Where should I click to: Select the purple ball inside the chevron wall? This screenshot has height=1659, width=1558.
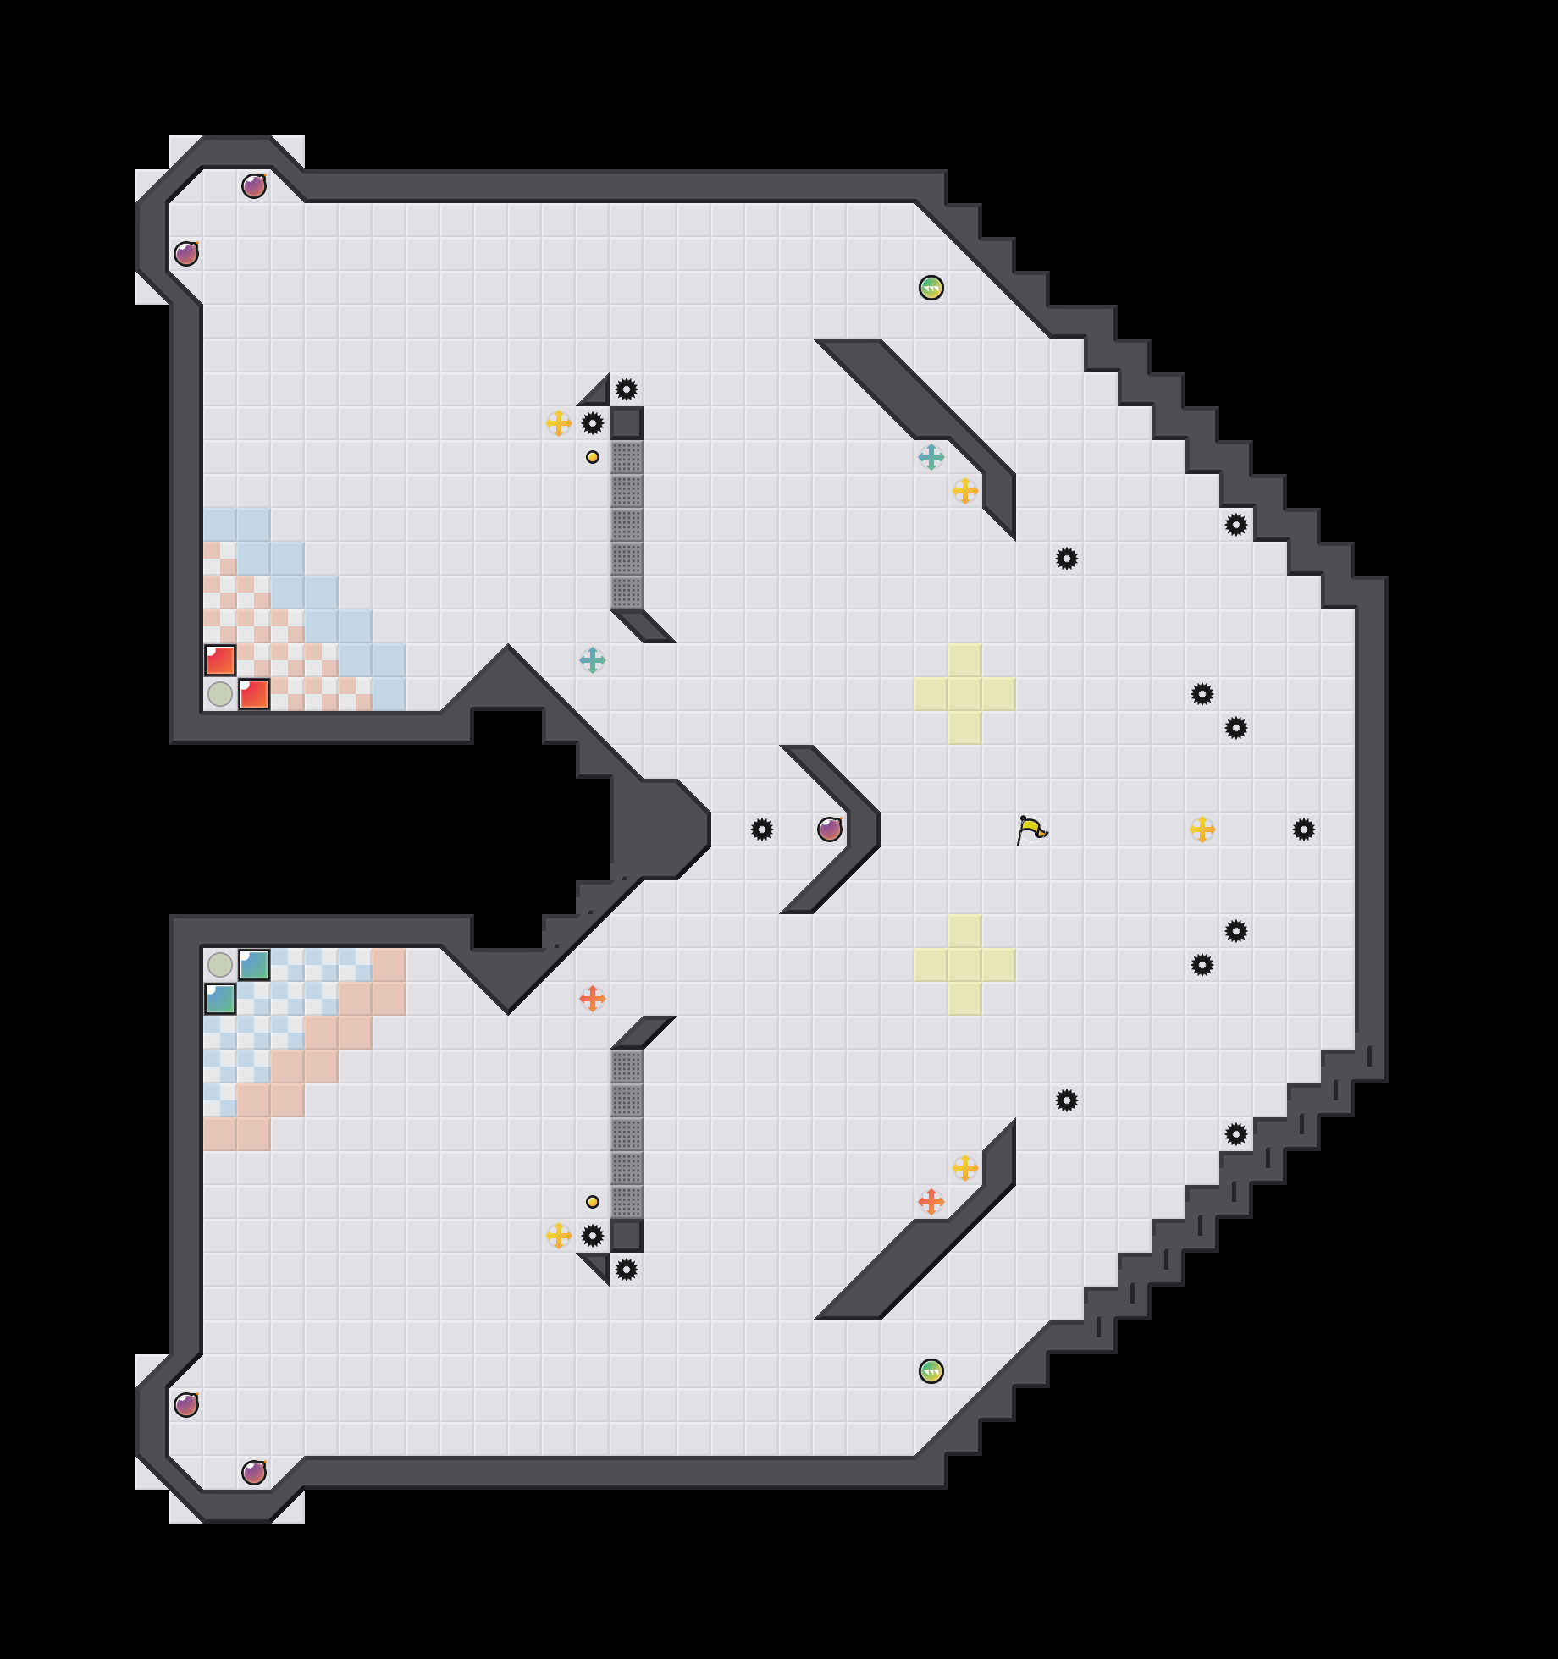[x=830, y=829]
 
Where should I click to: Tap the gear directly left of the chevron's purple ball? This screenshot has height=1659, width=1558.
[x=762, y=829]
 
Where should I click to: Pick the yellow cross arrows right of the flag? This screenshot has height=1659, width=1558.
[x=1202, y=829]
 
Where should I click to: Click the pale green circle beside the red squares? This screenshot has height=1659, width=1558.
[x=220, y=694]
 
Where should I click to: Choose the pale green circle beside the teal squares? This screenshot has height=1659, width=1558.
[x=220, y=965]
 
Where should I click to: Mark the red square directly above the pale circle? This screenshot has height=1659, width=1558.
[x=220, y=660]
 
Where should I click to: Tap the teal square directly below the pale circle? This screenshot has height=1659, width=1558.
[x=220, y=999]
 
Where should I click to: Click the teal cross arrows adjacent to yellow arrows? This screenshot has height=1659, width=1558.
[x=931, y=457]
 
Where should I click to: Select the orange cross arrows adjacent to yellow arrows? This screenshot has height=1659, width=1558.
[x=931, y=1202]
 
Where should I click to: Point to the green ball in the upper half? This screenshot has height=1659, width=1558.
[x=931, y=288]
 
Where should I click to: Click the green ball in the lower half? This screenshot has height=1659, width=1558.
[x=931, y=1371]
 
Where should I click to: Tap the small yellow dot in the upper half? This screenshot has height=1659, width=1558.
[x=593, y=457]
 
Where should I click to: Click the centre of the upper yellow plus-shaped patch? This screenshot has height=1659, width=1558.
[x=965, y=694]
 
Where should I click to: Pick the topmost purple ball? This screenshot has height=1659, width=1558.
[x=254, y=186]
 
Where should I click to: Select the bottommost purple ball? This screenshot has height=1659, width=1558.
[x=254, y=1473]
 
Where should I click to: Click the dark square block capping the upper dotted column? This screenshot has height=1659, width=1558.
[x=627, y=423]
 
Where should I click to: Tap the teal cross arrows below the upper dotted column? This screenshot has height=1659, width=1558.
[x=593, y=660]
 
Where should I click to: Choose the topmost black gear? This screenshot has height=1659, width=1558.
[x=627, y=389]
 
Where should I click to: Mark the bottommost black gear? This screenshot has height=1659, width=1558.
[x=627, y=1270]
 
